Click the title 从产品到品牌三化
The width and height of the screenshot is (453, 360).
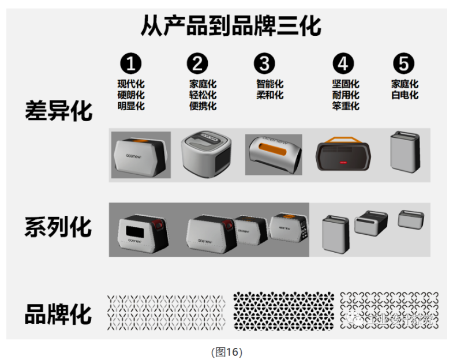point(231,27)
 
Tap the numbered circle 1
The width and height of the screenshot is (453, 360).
point(130,63)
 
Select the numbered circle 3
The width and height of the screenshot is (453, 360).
point(264,63)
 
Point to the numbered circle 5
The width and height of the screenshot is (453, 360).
point(403,63)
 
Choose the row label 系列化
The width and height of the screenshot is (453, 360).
point(58,227)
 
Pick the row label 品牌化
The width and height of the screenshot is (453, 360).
point(58,314)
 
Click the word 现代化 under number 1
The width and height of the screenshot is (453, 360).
point(131,84)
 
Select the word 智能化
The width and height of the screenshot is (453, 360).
point(269,84)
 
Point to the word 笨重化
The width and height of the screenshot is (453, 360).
point(345,106)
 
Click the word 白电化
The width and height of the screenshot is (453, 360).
point(405,95)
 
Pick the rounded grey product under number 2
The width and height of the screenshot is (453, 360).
point(206,154)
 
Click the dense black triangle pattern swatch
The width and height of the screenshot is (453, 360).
point(283,310)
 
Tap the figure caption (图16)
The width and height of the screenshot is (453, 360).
point(226,351)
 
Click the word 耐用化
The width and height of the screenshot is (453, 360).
point(345,95)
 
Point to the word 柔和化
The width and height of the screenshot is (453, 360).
point(269,95)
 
